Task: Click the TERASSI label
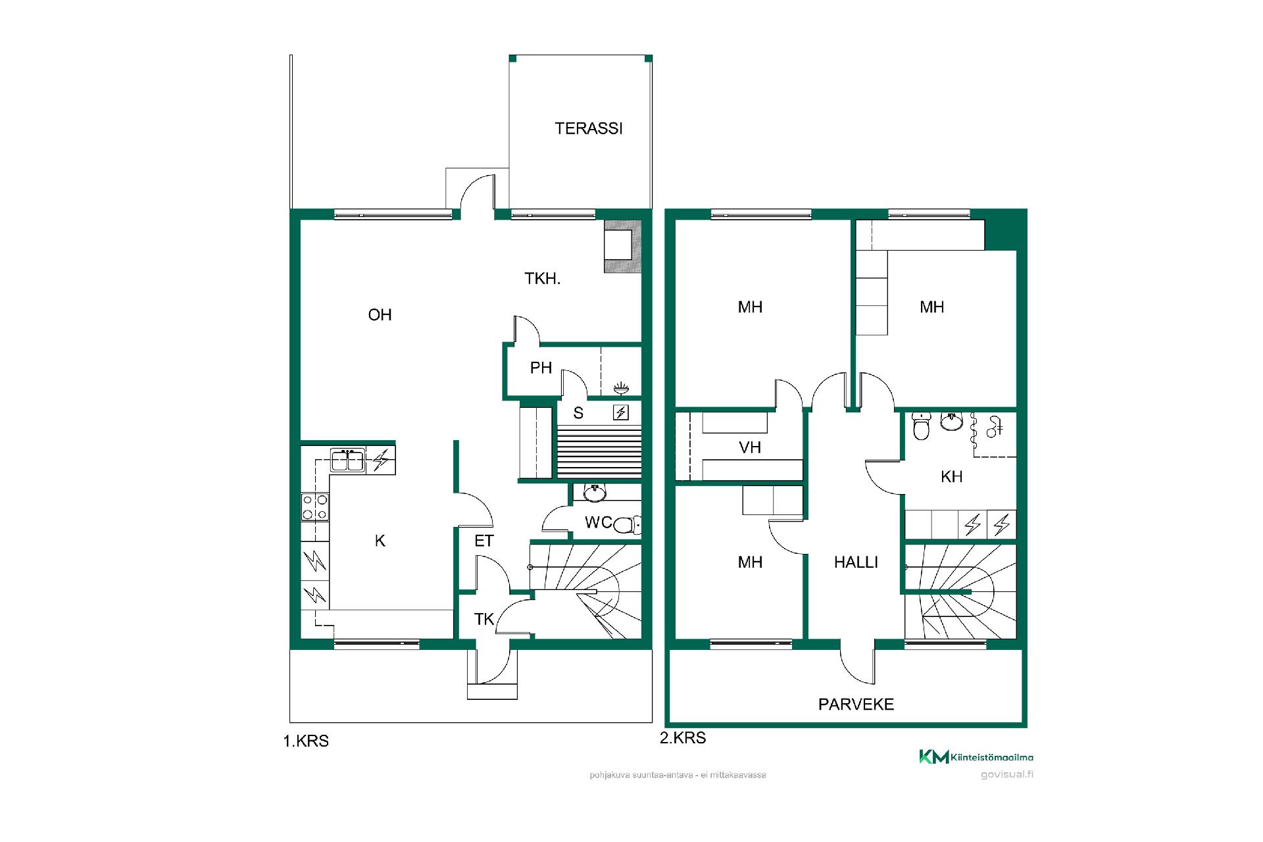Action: point(588,128)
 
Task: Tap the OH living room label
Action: point(380,315)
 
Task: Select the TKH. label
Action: point(542,279)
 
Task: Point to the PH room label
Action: point(541,368)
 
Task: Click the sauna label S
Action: point(578,413)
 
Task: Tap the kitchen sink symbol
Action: point(348,460)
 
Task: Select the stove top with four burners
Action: point(315,507)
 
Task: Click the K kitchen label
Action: point(380,541)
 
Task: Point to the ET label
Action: point(483,541)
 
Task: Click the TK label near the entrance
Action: point(483,619)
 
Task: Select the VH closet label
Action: point(750,448)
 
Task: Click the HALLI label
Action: point(856,562)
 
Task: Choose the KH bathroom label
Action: point(951,477)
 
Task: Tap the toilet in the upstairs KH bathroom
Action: point(922,426)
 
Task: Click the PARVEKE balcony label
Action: point(856,705)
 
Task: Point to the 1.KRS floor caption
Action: point(306,741)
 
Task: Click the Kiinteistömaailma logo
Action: point(976,757)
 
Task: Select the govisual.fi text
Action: point(1006,774)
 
